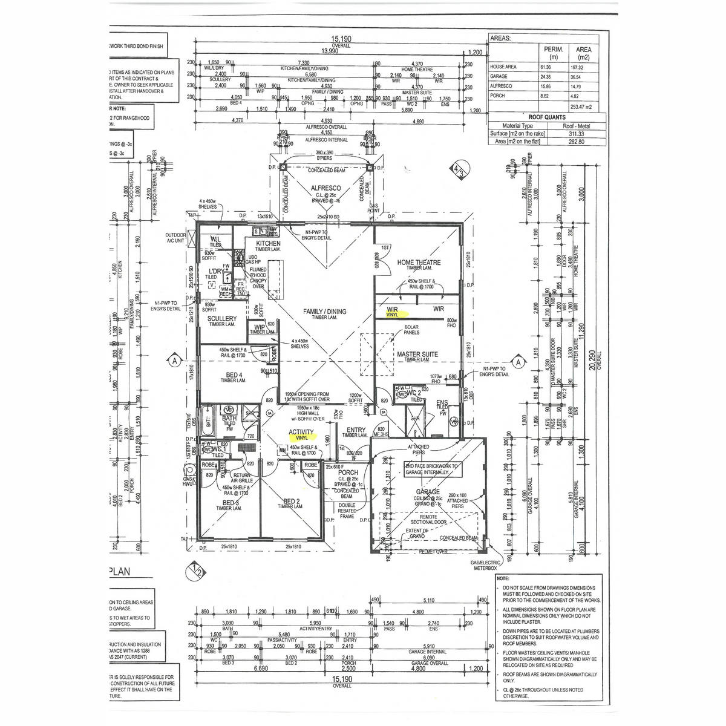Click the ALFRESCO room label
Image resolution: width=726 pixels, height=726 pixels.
[x=326, y=188]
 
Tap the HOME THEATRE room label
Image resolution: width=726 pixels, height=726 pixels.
[x=419, y=263]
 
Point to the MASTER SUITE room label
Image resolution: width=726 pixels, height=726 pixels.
[x=417, y=355]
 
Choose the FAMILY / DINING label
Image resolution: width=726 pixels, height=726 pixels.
[x=325, y=312]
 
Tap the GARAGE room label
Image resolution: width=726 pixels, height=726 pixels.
[x=428, y=492]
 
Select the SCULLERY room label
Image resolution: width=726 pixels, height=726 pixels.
[x=222, y=318]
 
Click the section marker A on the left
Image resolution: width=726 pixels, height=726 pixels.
[x=174, y=361]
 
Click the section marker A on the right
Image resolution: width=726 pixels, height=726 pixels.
[x=518, y=362]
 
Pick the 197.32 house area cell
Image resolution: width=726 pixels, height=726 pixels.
[x=583, y=67]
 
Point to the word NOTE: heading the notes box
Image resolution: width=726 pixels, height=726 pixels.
[x=504, y=578]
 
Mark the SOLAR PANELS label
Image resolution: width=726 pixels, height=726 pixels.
[x=411, y=330]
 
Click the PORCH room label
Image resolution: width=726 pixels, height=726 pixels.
[x=348, y=473]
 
